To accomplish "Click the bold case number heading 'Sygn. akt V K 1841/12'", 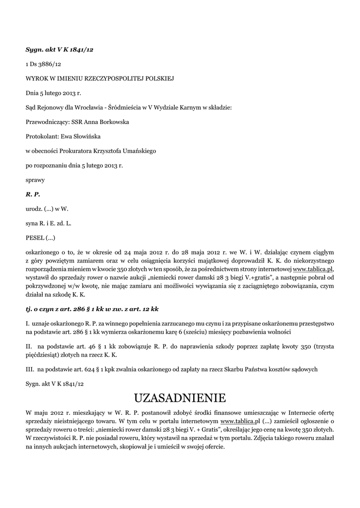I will [59, 50].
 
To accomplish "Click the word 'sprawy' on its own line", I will [35, 179].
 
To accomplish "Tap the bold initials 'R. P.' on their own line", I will [33, 193].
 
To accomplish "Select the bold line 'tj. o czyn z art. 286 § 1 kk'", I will [92, 309].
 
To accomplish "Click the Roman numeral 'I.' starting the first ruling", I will [28, 323].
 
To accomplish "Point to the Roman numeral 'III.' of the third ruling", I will [30, 369].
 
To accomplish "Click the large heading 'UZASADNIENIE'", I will [180, 398].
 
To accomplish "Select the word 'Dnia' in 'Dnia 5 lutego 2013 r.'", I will [33, 93].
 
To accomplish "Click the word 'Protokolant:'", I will [42, 136].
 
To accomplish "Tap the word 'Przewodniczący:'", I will [49, 122].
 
